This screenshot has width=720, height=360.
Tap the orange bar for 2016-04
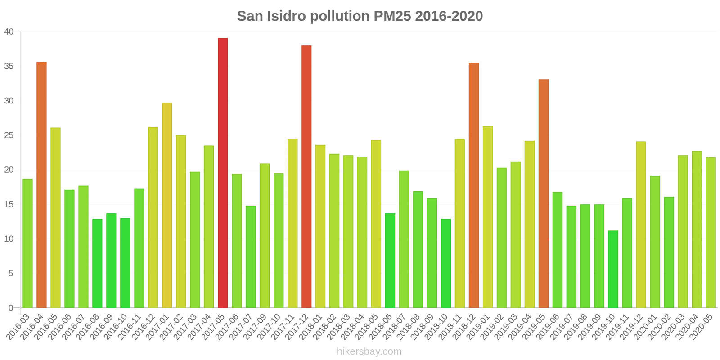tap(41, 185)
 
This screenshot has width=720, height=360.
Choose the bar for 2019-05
tap(544, 193)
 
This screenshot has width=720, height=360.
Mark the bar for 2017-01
tap(167, 205)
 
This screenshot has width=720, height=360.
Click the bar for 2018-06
tap(390, 261)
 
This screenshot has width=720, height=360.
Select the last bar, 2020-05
tap(711, 233)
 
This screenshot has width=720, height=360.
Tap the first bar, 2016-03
tap(27, 243)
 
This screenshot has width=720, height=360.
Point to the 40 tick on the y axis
tap(9, 32)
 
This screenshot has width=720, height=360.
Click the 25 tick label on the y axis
tap(9, 135)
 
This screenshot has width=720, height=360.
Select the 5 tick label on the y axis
tap(11, 274)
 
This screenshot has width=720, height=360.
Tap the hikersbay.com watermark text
tap(369, 351)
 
